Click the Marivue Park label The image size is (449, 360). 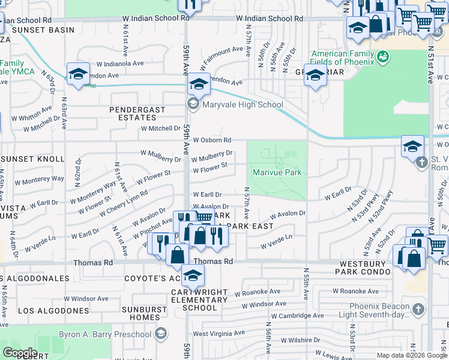tap(277, 173)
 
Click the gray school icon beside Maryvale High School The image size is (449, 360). tap(193, 105)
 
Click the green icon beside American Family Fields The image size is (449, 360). tap(385, 58)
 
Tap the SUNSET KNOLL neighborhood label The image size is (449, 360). tap(33, 159)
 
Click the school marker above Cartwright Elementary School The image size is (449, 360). tap(193, 275)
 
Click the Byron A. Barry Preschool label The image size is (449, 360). tap(105, 334)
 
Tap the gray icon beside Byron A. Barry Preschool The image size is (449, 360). tap(160, 334)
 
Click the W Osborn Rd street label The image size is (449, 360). tap(212, 140)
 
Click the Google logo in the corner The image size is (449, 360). tap(20, 353)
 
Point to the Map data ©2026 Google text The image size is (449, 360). tap(411, 355)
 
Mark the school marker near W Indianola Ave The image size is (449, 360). tap(78, 74)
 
